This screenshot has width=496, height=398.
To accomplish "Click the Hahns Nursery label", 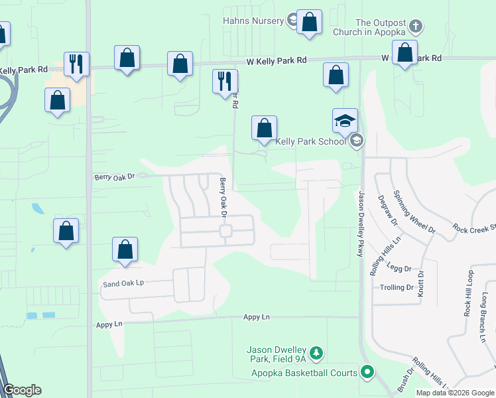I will point(253,21).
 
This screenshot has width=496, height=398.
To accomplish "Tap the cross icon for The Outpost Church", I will point(416,27).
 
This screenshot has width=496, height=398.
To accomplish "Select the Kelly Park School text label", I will point(310,141).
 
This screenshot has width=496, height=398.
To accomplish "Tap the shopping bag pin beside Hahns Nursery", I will point(309,23).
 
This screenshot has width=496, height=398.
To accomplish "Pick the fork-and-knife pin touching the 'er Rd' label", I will point(224,82).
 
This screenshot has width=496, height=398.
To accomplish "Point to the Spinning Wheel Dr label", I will point(414,212).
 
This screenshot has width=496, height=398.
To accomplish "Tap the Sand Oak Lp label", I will point(123,283).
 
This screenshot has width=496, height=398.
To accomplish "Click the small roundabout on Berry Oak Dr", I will point(225,231).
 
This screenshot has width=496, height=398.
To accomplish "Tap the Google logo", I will point(23,390).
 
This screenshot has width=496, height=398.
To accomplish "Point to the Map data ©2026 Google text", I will point(455,393).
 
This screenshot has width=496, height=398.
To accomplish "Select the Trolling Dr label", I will point(397,288).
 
